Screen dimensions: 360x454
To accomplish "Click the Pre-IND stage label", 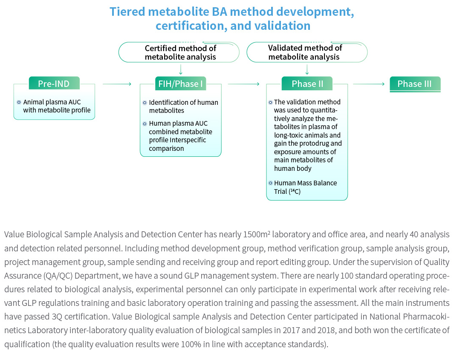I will click(54, 84).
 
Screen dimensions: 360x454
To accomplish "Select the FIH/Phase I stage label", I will click(180, 84).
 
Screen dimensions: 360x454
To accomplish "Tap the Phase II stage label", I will click(307, 84).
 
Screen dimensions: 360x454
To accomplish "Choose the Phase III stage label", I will click(415, 84).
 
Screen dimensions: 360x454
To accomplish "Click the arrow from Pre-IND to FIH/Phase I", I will click(117, 84).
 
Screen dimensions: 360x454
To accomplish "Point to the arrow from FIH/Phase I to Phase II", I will click(243, 84).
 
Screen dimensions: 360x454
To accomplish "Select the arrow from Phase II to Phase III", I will click(369, 84).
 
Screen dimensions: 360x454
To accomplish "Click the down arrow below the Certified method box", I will click(181, 69).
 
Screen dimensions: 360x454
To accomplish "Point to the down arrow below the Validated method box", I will click(307, 69).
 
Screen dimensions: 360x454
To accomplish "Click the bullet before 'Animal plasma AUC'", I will click(19, 102).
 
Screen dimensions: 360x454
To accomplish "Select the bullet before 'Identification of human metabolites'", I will click(145, 103).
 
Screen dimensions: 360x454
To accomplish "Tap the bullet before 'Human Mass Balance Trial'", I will click(270, 183).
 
